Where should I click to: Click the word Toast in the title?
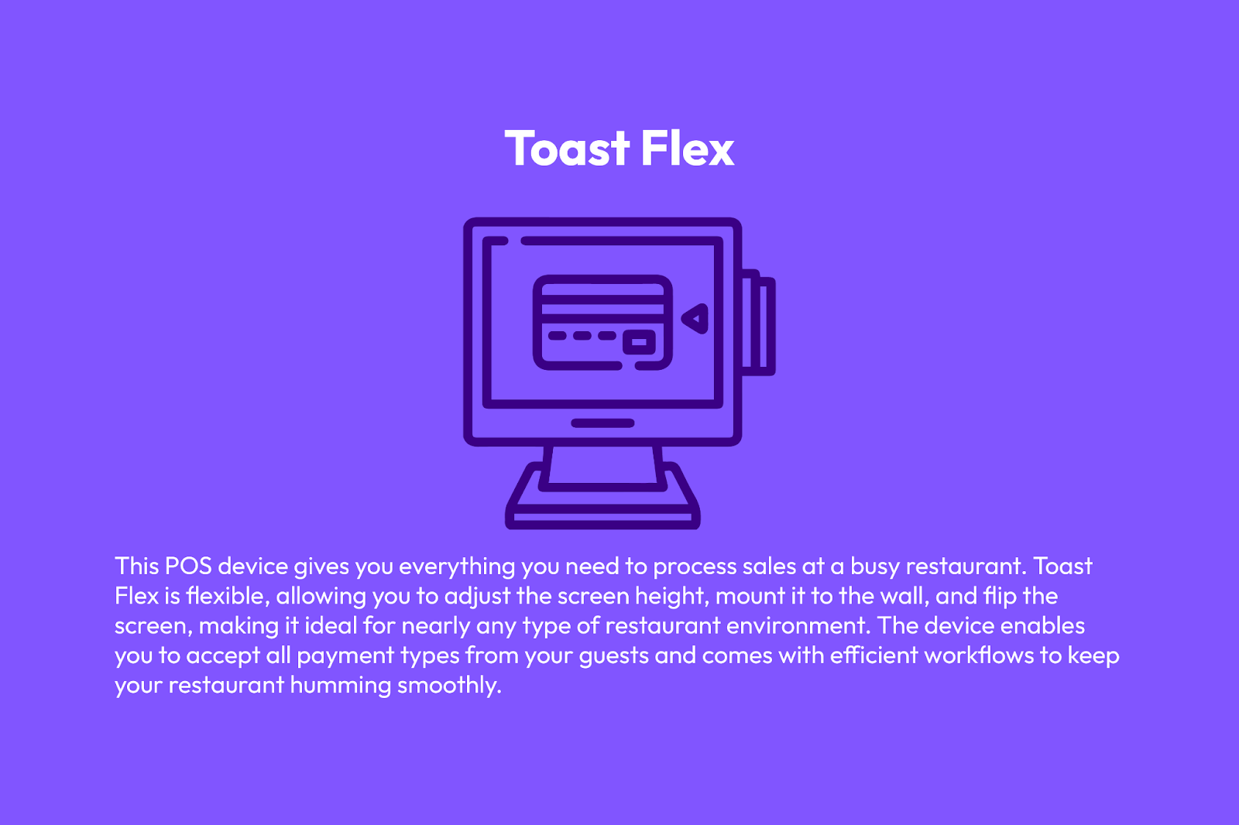tap(568, 148)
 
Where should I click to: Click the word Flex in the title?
tap(688, 148)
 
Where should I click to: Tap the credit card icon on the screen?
tap(602, 323)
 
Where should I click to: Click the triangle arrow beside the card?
tap(695, 319)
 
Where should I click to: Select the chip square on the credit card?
tap(639, 342)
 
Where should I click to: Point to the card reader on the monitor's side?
tap(758, 323)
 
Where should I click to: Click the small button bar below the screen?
tap(602, 423)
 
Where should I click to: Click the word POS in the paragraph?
tap(188, 567)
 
